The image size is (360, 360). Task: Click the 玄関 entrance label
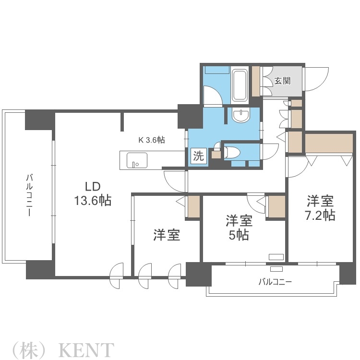[282, 81]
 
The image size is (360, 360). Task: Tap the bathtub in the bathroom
[240, 85]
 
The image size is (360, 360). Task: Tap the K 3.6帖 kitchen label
[152, 140]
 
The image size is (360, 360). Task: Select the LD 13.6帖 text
[92, 194]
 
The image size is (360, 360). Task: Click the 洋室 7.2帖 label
[321, 207]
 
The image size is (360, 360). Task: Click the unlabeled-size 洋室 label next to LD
[167, 235]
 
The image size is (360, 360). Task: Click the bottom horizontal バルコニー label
[275, 282]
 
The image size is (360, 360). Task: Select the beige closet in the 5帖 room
[276, 206]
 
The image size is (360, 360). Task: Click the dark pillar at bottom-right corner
[347, 274]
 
